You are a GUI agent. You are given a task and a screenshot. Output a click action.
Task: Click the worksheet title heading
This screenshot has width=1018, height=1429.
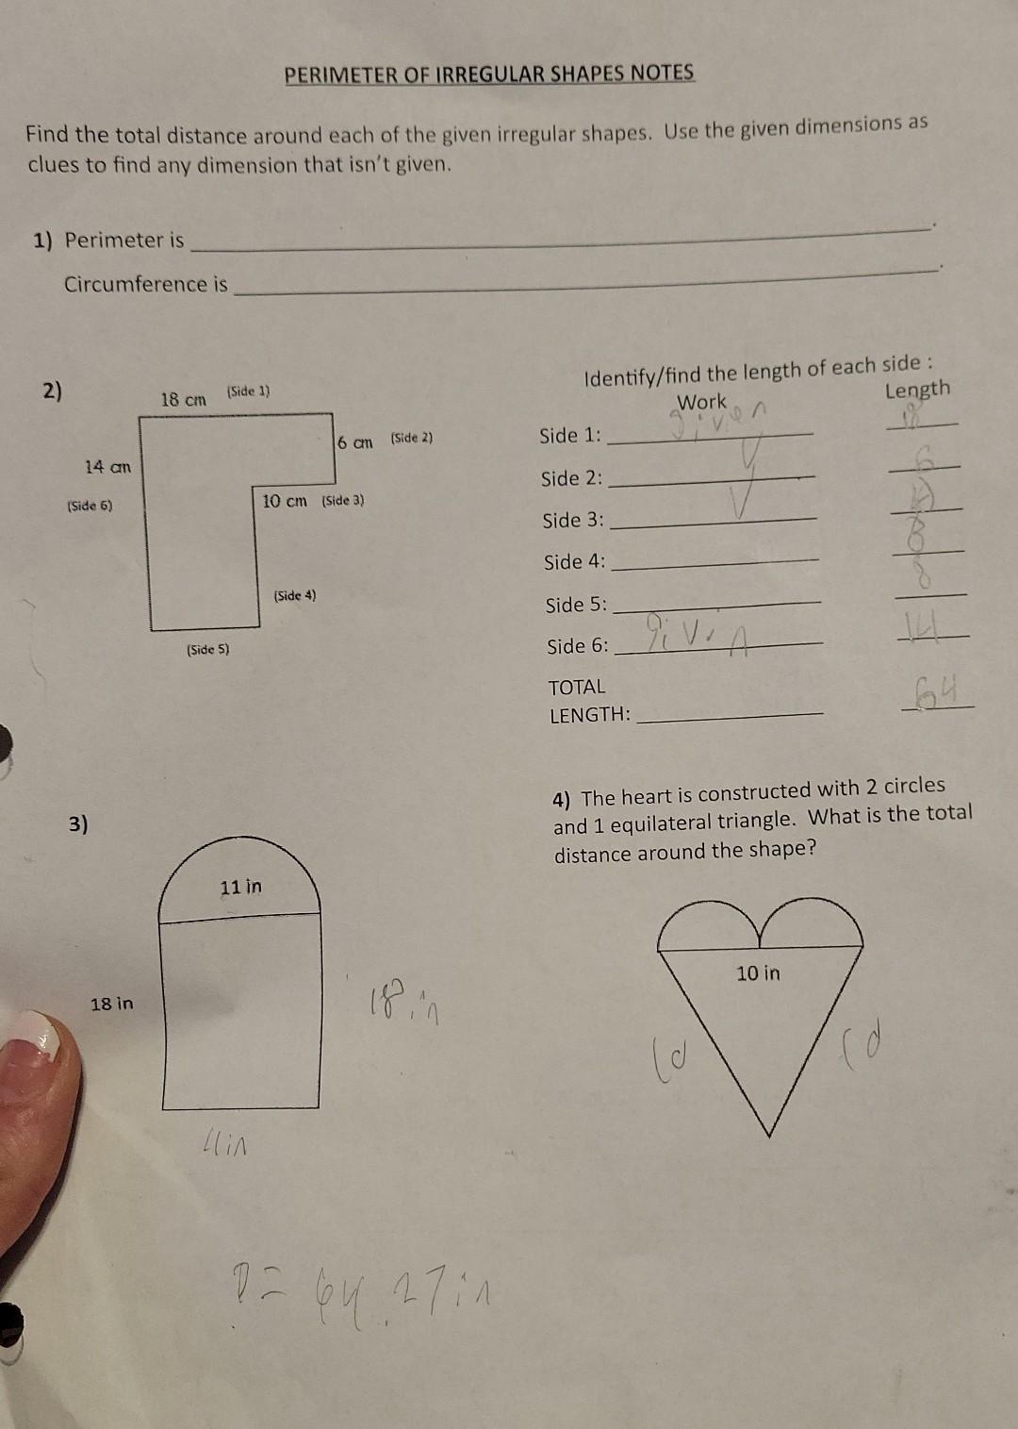coord(489,74)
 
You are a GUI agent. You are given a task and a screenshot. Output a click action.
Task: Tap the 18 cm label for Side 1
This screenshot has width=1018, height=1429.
coord(183,399)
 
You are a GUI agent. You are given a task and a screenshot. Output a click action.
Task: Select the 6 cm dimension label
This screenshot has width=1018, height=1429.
coord(355,441)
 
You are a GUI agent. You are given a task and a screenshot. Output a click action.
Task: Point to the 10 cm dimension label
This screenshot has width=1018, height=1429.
coord(285,500)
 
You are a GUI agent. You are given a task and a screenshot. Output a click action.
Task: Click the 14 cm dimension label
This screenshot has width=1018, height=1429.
coord(107,466)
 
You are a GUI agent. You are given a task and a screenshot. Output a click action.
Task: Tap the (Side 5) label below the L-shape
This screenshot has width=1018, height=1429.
coord(207,650)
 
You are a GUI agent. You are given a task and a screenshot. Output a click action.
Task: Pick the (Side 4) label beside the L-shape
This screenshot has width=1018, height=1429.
coord(295,595)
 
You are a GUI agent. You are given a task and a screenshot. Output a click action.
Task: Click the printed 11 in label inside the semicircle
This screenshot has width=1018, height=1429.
coord(240,887)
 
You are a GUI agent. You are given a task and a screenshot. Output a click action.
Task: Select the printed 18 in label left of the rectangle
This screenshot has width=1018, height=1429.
coord(112,1004)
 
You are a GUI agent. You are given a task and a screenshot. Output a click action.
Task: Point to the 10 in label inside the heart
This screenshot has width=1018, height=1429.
coord(758,972)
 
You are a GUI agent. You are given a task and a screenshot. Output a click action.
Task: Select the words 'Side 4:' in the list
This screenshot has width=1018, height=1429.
coord(574,562)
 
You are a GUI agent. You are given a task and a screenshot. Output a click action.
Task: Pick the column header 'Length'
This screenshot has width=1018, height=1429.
coord(917,390)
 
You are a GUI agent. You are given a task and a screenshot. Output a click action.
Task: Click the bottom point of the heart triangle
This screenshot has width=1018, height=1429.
coord(770,1135)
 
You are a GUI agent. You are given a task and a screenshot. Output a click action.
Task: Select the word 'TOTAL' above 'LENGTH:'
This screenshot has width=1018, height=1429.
coord(577,687)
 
